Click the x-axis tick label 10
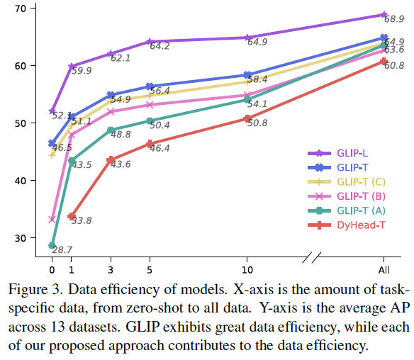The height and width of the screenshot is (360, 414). click(247, 270)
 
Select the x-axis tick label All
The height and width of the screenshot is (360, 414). click(384, 270)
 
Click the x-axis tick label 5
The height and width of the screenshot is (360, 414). click(150, 270)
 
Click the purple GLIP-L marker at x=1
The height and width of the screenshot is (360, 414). click(72, 66)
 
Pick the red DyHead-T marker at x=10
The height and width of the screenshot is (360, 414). click(247, 118)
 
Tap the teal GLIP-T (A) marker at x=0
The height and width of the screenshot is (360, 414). click(52, 245)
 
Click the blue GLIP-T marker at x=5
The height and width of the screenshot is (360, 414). click(150, 86)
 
